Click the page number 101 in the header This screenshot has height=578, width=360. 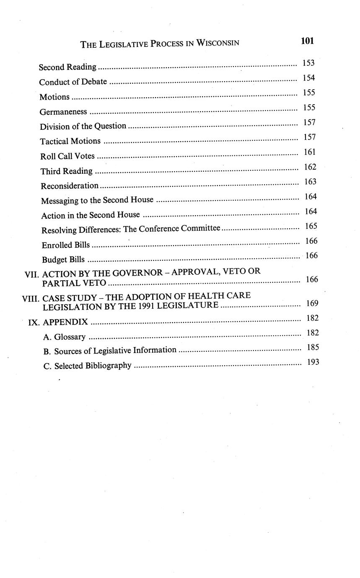307,41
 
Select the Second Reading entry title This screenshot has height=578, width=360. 67,67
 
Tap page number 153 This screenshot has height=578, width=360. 308,63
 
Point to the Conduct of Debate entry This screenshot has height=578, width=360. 73,82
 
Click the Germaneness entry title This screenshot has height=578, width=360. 63,112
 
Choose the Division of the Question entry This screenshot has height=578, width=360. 83,126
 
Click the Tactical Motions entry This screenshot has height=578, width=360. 70,141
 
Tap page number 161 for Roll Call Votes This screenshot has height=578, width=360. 310,152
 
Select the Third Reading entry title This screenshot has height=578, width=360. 67,171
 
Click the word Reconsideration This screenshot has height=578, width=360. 70,186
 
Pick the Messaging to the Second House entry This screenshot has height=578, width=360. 97,201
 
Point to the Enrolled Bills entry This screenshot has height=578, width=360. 65,245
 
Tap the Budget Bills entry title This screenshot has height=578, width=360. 63,260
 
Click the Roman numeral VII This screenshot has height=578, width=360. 32,274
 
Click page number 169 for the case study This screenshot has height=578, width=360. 312,303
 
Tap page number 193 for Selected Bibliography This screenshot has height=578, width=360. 313,362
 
